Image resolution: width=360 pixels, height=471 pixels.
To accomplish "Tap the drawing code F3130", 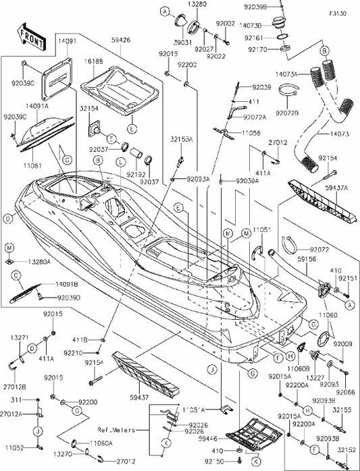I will tap(340, 13).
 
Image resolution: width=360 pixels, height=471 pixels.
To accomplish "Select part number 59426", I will tap(120, 40).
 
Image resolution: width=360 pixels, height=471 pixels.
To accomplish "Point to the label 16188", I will tap(94, 60).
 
